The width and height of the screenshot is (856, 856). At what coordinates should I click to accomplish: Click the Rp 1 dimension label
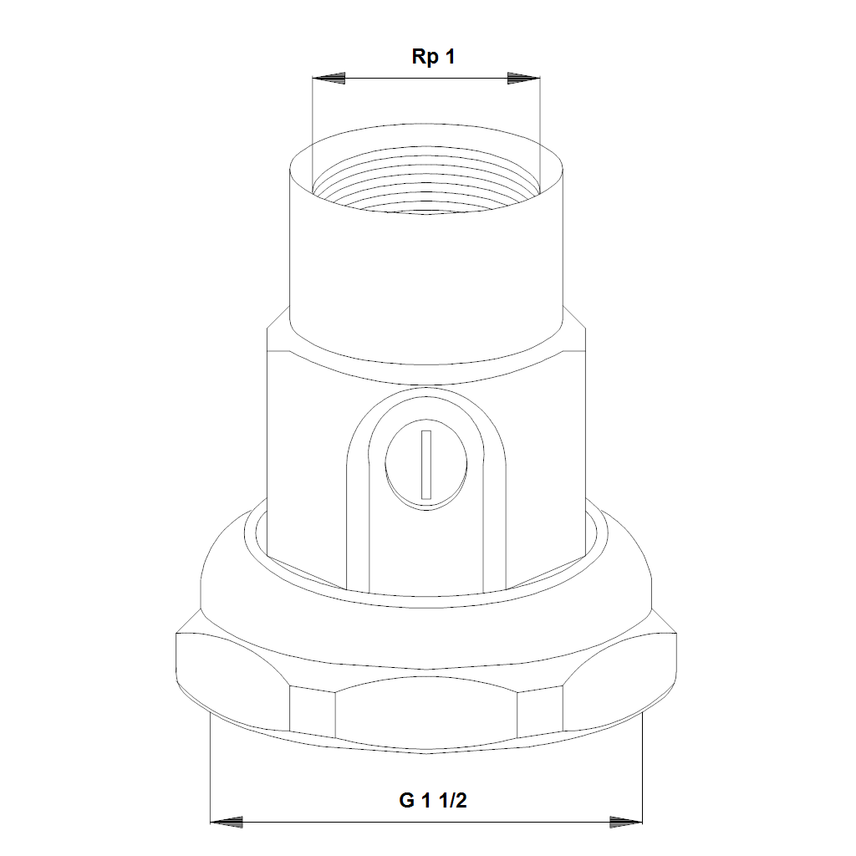point(433,57)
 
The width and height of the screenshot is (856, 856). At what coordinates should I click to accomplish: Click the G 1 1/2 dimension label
point(433,800)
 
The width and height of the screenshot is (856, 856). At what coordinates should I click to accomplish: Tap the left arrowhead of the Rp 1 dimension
point(329,78)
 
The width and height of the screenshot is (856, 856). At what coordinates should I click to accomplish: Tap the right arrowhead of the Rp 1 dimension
point(523,78)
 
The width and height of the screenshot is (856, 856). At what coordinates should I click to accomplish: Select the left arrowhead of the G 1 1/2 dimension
point(227,823)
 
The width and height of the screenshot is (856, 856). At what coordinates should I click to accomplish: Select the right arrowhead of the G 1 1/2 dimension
point(626,823)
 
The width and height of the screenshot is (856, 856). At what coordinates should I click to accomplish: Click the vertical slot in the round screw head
point(426,465)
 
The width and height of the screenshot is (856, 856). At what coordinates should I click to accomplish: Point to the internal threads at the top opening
point(426,181)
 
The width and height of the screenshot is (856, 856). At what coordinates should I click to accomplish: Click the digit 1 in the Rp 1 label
point(450,56)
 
